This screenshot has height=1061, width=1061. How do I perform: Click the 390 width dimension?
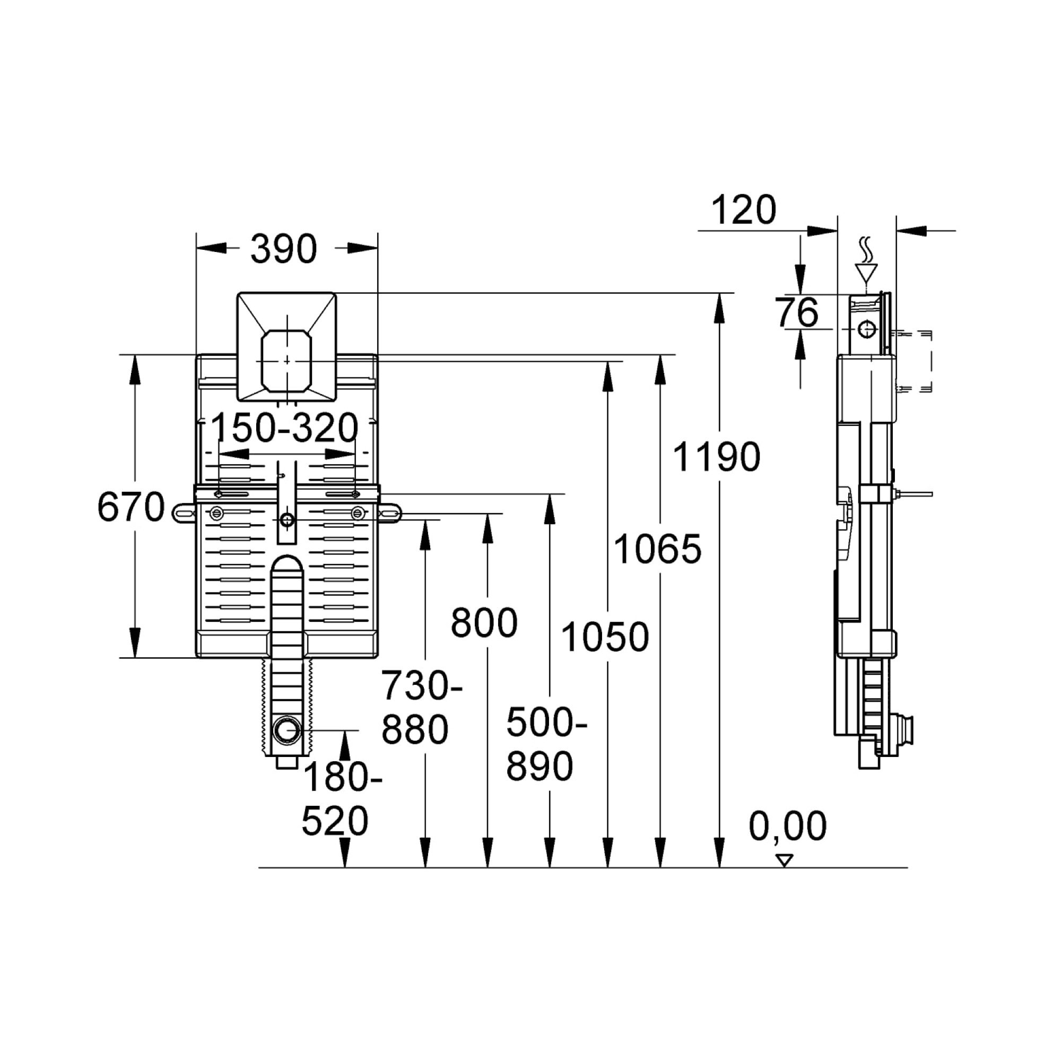[283, 249]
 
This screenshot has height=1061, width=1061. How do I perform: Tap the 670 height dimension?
[131, 506]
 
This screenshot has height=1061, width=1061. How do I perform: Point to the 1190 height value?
[716, 456]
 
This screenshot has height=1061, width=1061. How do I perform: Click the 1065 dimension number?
[657, 549]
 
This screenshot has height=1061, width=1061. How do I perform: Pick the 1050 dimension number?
[605, 637]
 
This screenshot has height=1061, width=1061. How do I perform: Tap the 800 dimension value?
[484, 623]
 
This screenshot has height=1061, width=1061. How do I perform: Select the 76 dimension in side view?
[797, 312]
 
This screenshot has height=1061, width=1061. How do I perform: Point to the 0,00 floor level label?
[787, 825]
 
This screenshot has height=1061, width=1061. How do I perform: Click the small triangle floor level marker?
[784, 860]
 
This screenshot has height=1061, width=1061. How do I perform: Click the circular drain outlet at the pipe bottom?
[287, 730]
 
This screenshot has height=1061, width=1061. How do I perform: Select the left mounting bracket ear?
[184, 513]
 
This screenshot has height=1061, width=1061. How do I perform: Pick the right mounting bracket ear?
[389, 513]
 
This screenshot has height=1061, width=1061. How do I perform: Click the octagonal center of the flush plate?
[286, 361]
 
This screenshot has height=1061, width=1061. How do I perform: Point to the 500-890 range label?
[546, 744]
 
